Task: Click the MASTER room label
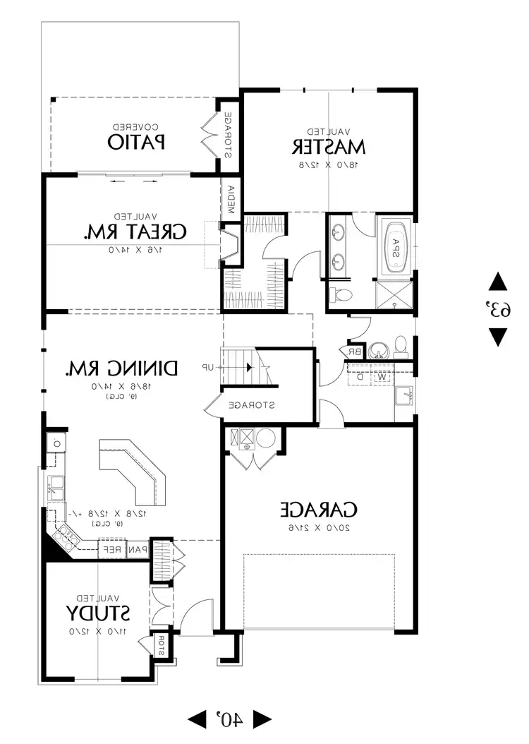point(328,146)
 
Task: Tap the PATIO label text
point(137,141)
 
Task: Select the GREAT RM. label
point(135,232)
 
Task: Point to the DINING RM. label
point(122,368)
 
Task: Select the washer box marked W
point(382,376)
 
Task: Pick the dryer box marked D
point(359,376)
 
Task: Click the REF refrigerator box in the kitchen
point(113,548)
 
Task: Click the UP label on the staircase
point(209,368)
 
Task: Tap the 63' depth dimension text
point(497,310)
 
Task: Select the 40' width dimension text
point(229,719)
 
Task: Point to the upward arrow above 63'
point(497,282)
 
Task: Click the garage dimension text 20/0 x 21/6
point(320,527)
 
